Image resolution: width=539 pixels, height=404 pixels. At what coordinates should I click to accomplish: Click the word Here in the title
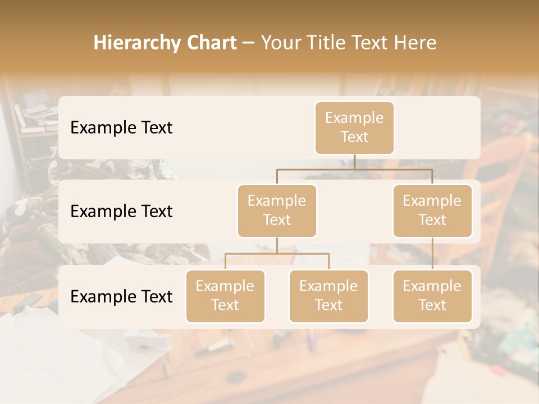(x=416, y=43)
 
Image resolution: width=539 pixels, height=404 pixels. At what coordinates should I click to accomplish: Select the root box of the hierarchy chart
(x=354, y=127)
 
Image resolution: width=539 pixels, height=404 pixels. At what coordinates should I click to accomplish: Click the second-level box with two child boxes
(x=277, y=210)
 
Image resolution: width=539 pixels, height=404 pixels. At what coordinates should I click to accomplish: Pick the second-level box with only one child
(x=432, y=210)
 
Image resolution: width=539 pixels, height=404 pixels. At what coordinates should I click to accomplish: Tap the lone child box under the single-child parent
(x=432, y=296)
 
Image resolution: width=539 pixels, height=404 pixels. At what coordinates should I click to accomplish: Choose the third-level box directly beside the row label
(x=225, y=296)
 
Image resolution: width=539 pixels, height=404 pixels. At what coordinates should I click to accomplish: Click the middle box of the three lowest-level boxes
(x=328, y=296)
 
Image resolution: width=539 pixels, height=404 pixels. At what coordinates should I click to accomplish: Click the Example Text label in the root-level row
(x=121, y=127)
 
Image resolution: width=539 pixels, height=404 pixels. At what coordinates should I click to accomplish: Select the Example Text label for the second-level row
(x=121, y=211)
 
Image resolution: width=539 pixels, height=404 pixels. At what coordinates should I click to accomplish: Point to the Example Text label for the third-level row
(x=121, y=296)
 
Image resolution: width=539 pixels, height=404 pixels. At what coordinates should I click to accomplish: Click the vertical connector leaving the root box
(x=354, y=162)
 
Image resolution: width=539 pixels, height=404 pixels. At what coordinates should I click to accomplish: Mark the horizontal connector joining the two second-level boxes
(x=354, y=168)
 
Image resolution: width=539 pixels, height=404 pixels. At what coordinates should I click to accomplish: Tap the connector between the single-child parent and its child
(x=432, y=253)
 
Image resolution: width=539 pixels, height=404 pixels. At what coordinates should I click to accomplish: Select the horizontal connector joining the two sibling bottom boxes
(x=277, y=254)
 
